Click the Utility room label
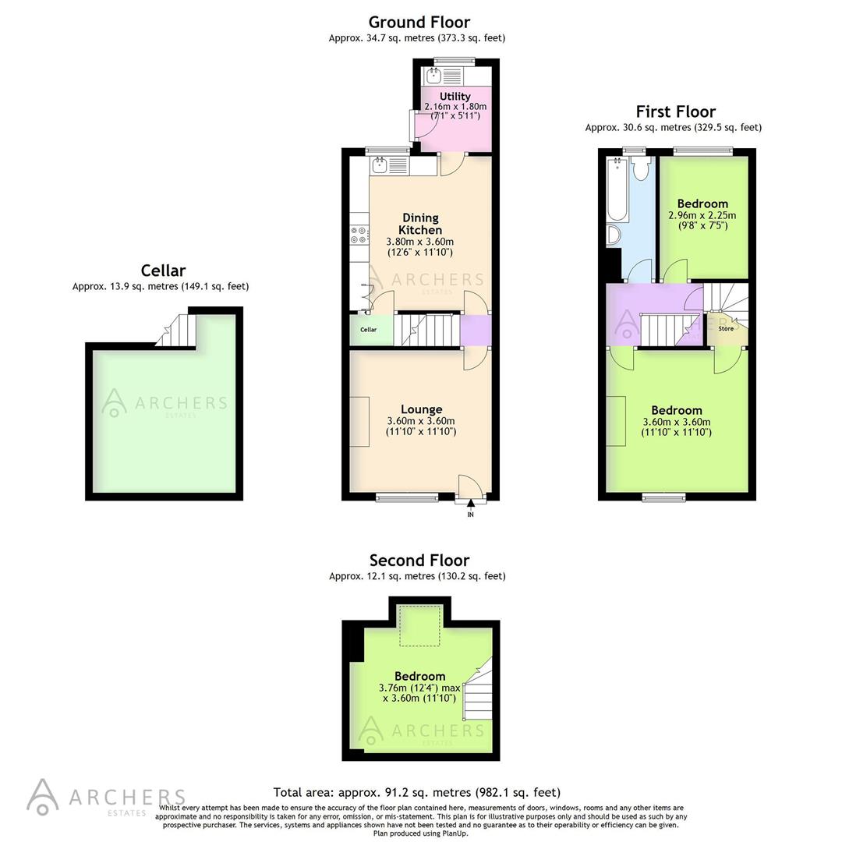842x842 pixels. click(455, 97)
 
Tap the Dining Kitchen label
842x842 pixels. click(420, 224)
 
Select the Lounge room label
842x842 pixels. click(421, 409)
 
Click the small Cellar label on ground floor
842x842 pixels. click(368, 330)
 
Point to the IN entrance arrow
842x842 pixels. click(470, 509)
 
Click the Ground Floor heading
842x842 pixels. click(419, 22)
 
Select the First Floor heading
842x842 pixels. click(675, 111)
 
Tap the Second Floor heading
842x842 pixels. click(419, 560)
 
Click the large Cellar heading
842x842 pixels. click(163, 271)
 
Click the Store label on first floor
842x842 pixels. click(726, 329)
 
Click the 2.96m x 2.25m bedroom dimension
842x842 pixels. click(702, 216)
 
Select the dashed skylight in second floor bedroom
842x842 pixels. click(420, 625)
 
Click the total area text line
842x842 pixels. click(416, 792)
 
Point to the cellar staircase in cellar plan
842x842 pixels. click(172, 331)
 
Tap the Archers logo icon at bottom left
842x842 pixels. click(42, 796)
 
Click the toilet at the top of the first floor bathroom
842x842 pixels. click(642, 170)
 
